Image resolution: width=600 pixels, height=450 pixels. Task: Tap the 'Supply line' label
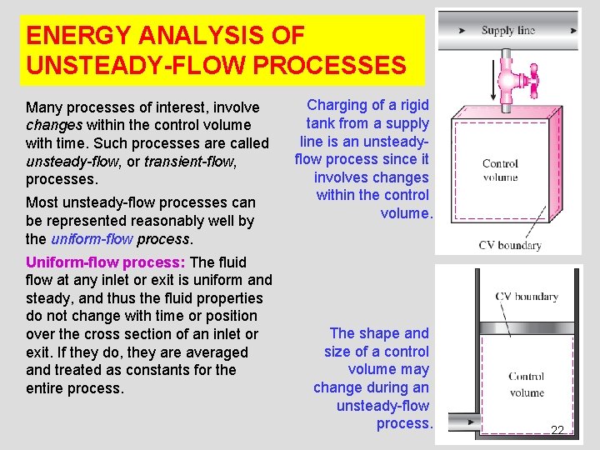pos(507,31)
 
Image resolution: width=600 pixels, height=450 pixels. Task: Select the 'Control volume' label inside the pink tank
pos(500,170)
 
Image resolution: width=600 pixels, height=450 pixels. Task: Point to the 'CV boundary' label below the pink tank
pos(510,245)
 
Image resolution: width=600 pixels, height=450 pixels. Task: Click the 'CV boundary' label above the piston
pos(527,297)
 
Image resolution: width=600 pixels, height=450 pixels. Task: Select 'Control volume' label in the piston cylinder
pos(526,384)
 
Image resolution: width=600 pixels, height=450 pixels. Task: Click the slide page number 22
pos(557,430)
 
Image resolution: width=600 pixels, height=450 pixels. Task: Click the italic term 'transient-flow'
pos(188,162)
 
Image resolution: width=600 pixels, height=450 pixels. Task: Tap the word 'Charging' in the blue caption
pos(337,105)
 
